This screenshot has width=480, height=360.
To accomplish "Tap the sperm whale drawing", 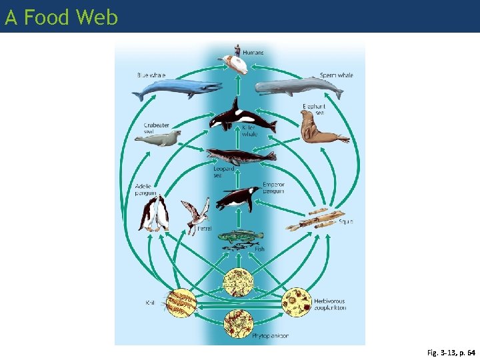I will click(x=297, y=87).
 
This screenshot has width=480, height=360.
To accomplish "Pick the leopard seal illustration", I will click(x=240, y=156).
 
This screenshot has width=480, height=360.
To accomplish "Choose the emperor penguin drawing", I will click(x=238, y=197).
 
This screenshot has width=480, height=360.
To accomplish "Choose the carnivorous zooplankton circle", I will click(x=237, y=281).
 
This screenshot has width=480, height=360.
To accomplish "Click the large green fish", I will click(x=241, y=235).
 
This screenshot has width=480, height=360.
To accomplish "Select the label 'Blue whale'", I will click(x=151, y=75).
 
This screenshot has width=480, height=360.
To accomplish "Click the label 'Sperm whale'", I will click(x=336, y=75).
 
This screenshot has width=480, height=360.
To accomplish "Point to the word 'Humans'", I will click(x=253, y=52).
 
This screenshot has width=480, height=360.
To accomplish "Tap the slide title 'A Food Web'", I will click(x=61, y=17).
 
